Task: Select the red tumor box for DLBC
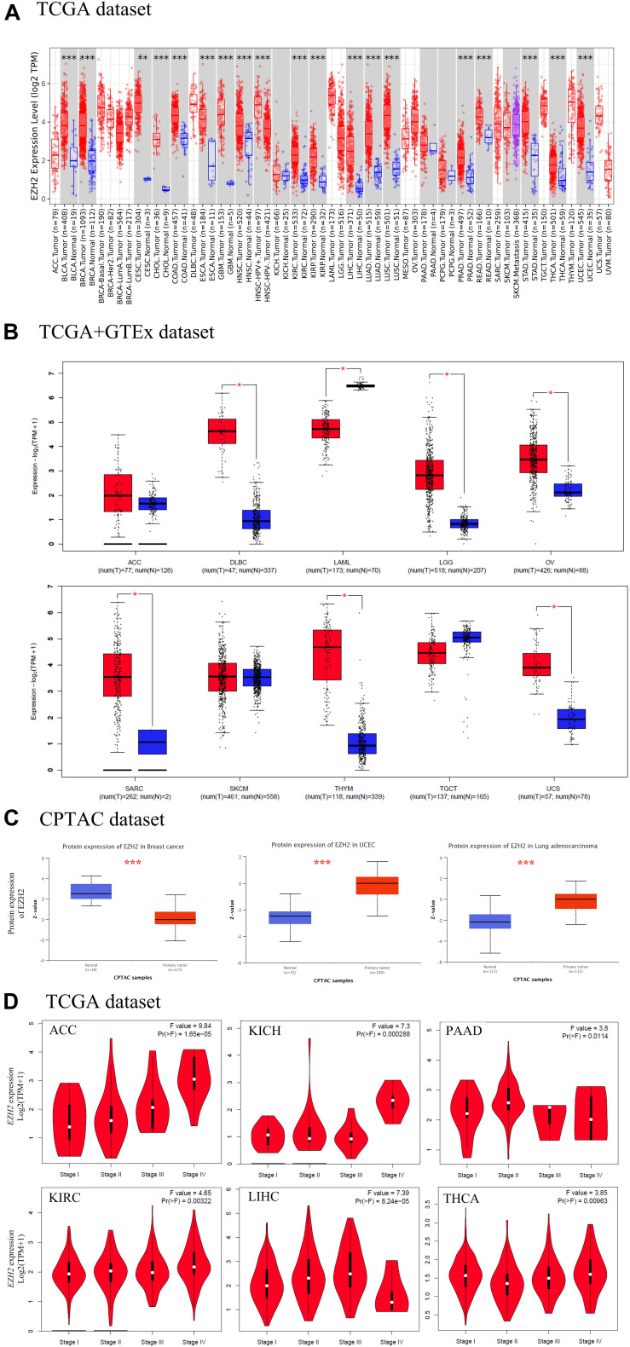[222, 431]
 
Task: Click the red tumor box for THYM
[328, 655]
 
